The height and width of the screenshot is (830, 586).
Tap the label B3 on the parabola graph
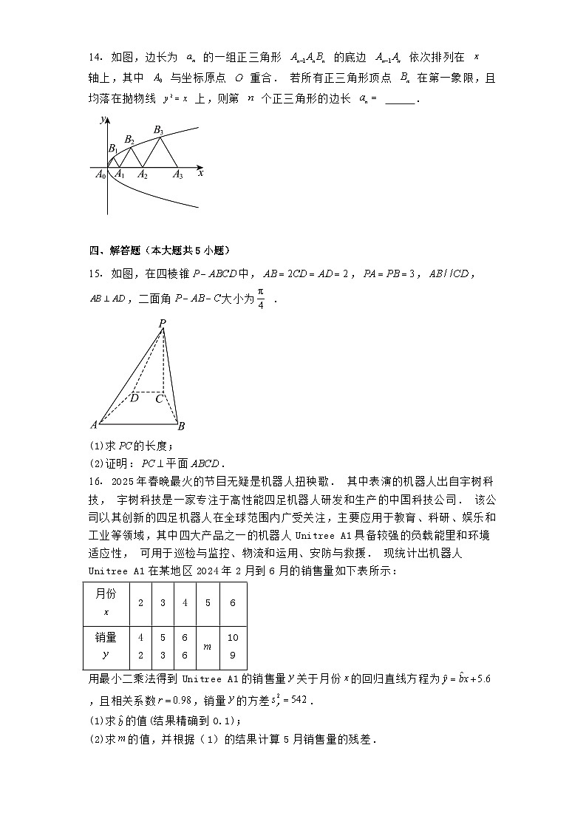(158, 130)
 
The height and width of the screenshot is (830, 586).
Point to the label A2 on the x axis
(143, 175)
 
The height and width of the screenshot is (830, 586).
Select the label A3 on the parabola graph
(177, 175)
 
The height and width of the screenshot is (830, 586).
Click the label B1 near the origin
(112, 149)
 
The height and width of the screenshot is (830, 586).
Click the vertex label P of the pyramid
(162, 323)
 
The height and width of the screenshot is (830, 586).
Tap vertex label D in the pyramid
(134, 398)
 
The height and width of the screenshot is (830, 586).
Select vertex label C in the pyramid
(159, 399)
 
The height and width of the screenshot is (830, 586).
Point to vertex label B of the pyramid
(181, 426)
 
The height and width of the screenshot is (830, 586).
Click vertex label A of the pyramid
(94, 425)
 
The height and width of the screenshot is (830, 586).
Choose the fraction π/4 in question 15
(259, 299)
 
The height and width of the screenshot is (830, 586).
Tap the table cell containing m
(208, 646)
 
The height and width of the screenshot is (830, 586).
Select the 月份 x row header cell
(106, 602)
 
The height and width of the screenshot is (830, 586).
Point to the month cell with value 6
(233, 602)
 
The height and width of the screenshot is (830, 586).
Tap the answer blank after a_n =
(401, 99)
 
